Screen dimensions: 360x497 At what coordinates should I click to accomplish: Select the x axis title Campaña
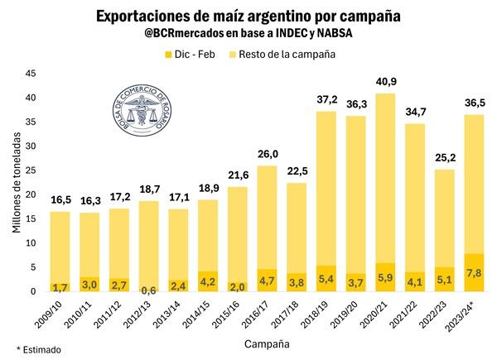(x=268, y=342)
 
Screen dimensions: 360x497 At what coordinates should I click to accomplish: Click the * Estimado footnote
(x=39, y=350)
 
